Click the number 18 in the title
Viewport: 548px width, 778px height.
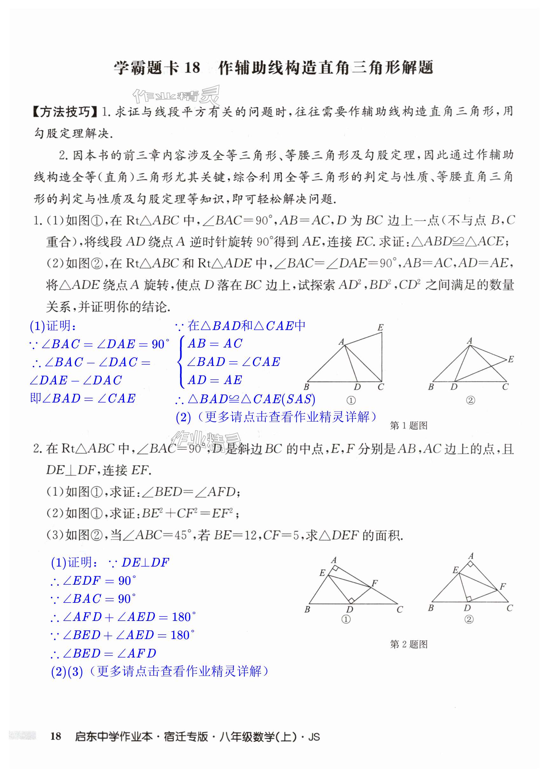(x=192, y=68)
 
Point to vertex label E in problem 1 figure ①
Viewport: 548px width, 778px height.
(x=380, y=327)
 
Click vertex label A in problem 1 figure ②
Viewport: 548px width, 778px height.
(x=469, y=341)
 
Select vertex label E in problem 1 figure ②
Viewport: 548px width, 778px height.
(x=511, y=359)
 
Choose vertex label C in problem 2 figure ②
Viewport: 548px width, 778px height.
(x=510, y=608)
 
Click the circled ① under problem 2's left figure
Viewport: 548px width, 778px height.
(x=346, y=619)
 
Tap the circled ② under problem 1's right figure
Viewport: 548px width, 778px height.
(x=470, y=400)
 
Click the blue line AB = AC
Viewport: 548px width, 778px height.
(x=215, y=344)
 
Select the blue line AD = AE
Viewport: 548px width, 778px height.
(x=215, y=380)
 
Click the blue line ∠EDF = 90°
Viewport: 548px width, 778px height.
(x=93, y=581)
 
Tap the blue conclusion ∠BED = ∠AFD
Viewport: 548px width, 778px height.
(x=103, y=653)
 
